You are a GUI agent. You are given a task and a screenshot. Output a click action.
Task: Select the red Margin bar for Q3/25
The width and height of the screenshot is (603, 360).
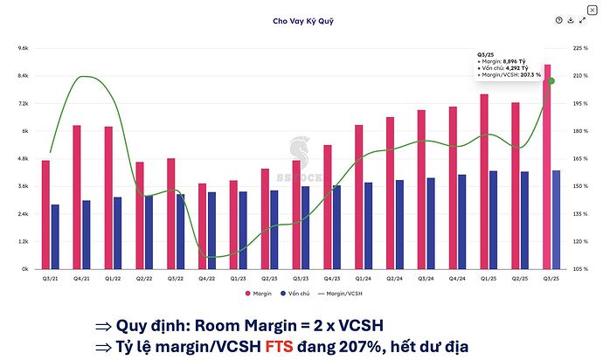coord(547,166)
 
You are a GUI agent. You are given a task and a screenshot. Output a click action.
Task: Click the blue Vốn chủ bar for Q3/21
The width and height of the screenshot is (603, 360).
coord(56,237)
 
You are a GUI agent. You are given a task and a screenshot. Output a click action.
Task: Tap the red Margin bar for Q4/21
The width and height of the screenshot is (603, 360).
coord(77,197)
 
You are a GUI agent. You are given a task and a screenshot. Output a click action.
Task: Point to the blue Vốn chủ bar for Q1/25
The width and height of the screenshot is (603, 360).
coord(494,219)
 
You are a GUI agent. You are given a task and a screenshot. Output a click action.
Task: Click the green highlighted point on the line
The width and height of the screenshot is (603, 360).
coord(551,80)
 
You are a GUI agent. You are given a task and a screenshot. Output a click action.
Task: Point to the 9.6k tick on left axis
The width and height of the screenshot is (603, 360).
coord(24,48)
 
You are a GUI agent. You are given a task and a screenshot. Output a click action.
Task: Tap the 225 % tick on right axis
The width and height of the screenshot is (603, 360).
coord(580,48)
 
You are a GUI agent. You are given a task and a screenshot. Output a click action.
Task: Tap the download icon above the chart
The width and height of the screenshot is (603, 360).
coord(571,20)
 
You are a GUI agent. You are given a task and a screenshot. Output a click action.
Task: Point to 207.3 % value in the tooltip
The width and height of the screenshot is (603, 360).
coord(528,75)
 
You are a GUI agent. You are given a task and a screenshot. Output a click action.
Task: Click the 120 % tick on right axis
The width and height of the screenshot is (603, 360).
coord(580,241)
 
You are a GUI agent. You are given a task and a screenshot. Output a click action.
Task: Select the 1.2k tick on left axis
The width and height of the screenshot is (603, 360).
coord(24,241)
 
